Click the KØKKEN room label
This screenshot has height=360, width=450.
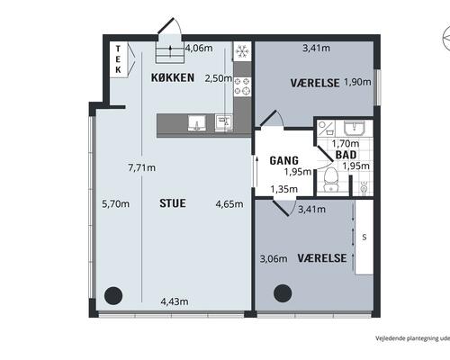click(173, 77)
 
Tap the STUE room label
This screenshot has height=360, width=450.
click(173, 203)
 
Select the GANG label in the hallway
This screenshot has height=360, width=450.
click(283, 160)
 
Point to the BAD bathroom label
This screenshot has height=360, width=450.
click(346, 155)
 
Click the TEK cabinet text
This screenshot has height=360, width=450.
click(118, 59)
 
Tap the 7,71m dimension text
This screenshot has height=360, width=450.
click(142, 167)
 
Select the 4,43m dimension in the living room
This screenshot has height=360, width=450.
click(175, 301)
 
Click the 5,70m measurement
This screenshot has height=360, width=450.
click(116, 203)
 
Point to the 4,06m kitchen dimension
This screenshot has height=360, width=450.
click(199, 48)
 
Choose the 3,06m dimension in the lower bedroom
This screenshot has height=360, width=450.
click(274, 258)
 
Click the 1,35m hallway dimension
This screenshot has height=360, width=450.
click(283, 189)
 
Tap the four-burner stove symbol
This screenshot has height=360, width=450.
click(242, 86)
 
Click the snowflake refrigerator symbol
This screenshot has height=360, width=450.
click(242, 51)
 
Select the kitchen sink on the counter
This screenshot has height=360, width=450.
click(197, 122)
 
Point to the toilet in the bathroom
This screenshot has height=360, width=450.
click(331, 179)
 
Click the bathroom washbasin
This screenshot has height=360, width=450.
click(354, 128)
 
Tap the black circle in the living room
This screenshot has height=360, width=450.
click(113, 295)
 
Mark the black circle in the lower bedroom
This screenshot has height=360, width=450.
click(283, 293)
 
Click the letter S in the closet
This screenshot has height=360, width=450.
click(364, 238)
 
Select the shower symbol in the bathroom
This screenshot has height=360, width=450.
click(364, 187)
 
